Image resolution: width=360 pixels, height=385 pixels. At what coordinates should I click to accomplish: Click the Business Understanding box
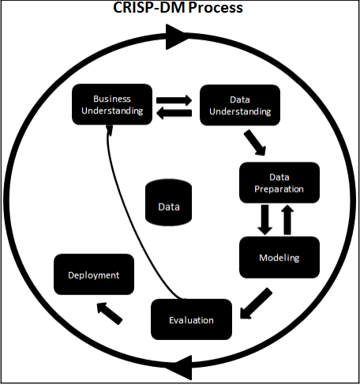112,104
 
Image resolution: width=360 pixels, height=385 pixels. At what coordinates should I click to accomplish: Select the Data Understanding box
240,105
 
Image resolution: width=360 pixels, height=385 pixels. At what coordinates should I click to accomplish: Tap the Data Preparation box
279,183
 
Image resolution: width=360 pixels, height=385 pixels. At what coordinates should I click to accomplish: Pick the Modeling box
279,257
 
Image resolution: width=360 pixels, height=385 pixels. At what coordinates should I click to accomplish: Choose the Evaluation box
191,320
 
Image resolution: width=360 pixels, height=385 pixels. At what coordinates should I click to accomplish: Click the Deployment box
94,275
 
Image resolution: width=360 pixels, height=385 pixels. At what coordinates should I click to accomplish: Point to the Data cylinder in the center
169,203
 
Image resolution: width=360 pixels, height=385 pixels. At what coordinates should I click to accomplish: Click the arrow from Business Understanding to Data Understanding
174,100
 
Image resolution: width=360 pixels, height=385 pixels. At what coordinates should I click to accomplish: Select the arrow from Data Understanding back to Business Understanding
174,113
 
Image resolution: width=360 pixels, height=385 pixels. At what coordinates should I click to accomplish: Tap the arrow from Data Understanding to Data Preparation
255,143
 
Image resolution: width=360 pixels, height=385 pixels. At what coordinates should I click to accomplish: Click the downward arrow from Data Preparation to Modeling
264,220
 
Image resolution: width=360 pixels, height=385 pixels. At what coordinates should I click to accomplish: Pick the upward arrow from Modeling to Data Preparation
287,220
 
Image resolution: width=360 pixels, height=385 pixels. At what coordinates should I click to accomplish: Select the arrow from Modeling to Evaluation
256,304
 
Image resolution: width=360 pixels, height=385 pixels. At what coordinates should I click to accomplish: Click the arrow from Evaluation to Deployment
110,313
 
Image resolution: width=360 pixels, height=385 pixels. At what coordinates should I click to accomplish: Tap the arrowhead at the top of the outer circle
177,37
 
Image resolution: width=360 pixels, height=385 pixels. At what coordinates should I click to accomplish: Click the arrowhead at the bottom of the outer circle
181,368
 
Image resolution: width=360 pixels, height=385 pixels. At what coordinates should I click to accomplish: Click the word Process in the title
216,8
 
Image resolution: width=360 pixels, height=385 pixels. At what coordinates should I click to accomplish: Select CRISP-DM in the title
149,8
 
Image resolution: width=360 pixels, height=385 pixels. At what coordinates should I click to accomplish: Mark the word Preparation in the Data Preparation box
279,189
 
